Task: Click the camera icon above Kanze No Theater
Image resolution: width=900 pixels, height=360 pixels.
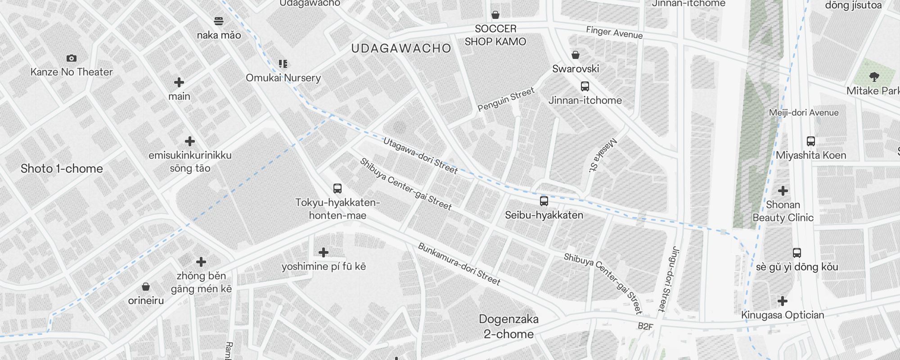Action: point(71,58)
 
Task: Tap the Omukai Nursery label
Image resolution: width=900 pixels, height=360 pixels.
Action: point(283,78)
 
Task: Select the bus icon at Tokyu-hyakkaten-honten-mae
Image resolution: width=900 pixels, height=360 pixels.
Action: point(337,189)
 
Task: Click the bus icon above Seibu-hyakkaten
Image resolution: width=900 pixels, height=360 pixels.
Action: point(544,201)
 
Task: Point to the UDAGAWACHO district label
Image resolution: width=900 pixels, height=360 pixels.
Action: point(401,49)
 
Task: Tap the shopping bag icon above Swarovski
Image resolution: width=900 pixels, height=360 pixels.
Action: point(575,55)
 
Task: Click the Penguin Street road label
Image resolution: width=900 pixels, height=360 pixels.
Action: point(506,99)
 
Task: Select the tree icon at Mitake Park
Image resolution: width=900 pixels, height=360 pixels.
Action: point(874,76)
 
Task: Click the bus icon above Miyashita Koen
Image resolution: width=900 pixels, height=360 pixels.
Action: point(810,141)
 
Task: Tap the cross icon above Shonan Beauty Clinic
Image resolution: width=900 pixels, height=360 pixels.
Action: point(783,191)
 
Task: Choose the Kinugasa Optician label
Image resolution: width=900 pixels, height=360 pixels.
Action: point(783,315)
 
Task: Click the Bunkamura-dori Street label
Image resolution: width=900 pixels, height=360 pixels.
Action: point(459,265)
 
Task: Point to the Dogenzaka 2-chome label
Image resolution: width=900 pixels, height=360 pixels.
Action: point(508,327)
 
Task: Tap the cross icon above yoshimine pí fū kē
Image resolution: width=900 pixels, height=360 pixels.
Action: point(323,252)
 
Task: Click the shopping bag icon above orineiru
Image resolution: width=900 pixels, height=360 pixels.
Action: point(145,287)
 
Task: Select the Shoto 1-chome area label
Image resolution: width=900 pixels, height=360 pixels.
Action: point(62,169)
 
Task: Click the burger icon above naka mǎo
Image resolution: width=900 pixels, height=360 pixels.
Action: point(219,21)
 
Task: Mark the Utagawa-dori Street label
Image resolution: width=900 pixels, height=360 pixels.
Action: point(420,156)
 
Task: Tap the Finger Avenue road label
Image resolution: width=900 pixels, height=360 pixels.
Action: point(614,32)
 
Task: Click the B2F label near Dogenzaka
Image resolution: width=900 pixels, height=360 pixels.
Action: point(645,326)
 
